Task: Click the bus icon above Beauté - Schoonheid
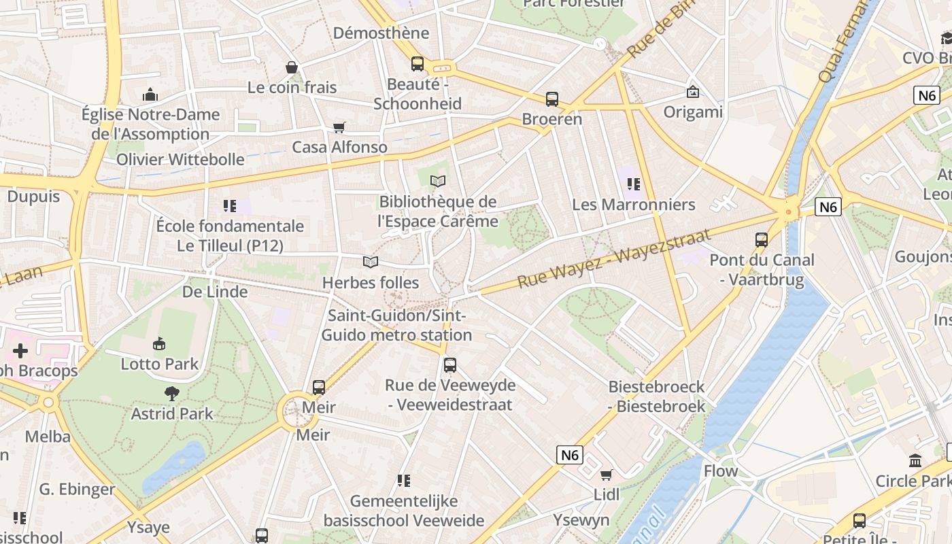(418, 64)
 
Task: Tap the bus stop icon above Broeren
(552, 99)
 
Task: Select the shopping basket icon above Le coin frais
(292, 67)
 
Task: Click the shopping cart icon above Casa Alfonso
(339, 127)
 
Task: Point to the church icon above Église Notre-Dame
(150, 95)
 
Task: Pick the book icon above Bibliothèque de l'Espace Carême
(439, 181)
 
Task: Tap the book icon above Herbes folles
(371, 262)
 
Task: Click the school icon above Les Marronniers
(634, 184)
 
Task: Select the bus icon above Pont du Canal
(762, 239)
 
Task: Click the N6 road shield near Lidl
(570, 454)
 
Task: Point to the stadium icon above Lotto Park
(159, 344)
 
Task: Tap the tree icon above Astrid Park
(172, 393)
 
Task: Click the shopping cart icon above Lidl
(606, 475)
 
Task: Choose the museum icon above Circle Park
(915, 461)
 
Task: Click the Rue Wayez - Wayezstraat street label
(614, 258)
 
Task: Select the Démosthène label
(381, 33)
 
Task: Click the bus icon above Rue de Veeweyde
(449, 365)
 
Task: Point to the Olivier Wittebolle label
(180, 159)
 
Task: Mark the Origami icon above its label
(693, 92)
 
